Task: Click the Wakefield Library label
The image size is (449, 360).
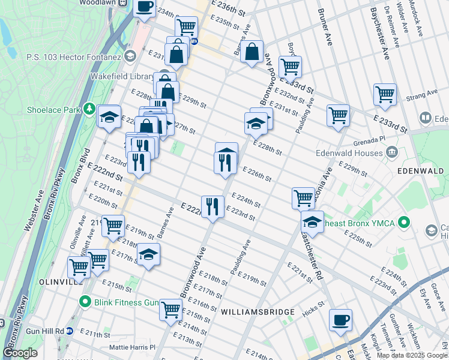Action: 122,77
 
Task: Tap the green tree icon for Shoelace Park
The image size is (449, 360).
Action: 89,109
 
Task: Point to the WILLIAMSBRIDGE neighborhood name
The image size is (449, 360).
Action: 258,312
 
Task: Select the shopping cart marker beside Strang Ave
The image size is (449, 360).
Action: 385,94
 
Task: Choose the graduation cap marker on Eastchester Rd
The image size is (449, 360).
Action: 312,221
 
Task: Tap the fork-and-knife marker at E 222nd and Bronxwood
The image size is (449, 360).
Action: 211,206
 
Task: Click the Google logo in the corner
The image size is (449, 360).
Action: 20,353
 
